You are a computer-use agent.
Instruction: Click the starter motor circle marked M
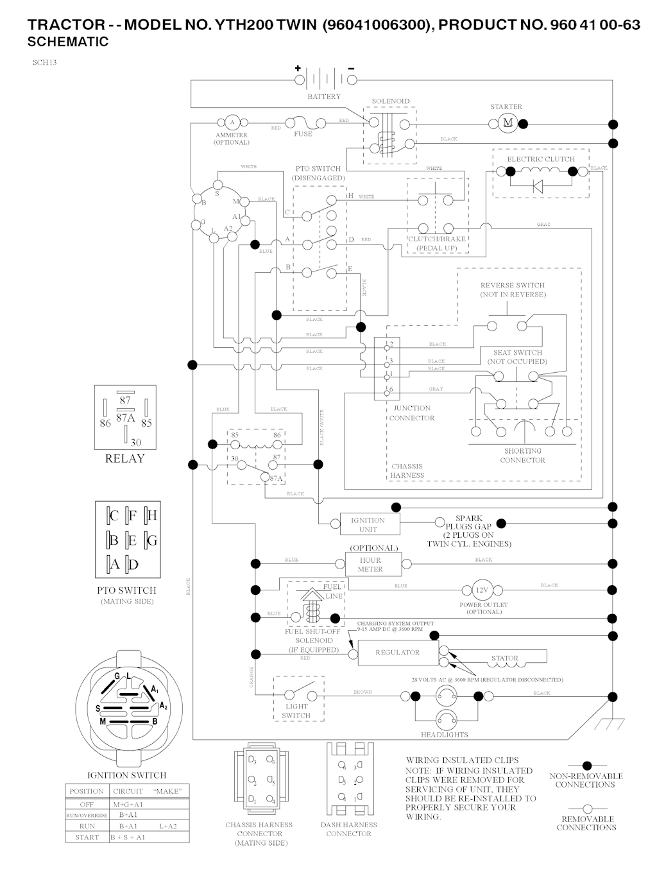[508, 123]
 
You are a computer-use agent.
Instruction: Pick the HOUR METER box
[370, 565]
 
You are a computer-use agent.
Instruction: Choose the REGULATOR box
[397, 653]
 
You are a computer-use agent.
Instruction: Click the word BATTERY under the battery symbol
[324, 96]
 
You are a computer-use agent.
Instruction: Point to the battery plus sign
[298, 69]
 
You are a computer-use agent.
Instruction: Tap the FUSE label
[303, 134]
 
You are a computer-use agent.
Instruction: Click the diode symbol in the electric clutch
[538, 187]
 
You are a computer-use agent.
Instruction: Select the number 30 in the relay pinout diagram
[135, 442]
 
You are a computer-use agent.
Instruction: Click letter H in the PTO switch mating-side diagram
[152, 515]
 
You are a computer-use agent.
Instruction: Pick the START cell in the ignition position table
[87, 837]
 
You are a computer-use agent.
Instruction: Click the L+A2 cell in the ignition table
[167, 826]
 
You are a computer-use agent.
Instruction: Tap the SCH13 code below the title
[44, 63]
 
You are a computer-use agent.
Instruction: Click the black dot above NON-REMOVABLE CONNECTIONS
[586, 765]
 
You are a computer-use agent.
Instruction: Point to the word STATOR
[504, 658]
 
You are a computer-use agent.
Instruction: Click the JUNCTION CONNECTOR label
[412, 413]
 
